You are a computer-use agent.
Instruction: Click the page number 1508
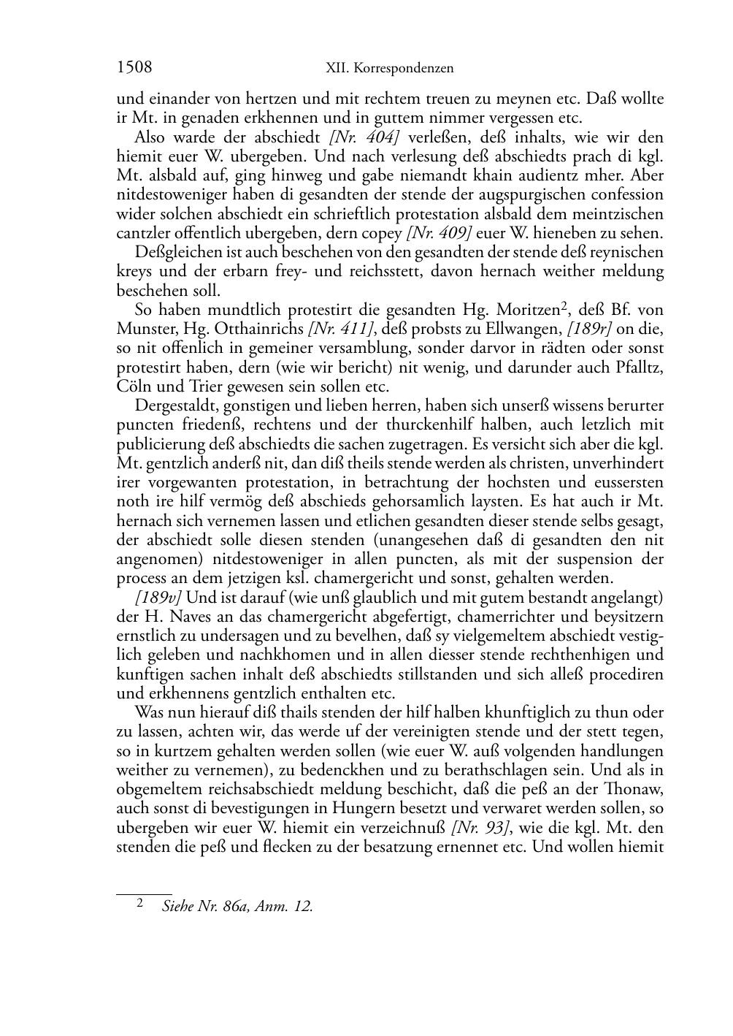tap(134, 68)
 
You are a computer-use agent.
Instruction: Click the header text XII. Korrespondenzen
tap(389, 69)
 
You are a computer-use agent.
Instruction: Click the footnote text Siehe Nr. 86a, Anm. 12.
tap(237, 907)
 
